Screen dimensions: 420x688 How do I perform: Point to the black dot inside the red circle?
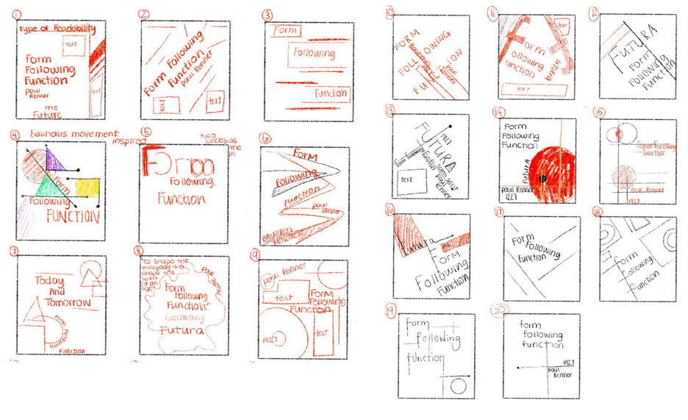tap(540, 179)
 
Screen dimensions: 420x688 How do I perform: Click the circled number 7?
tap(13, 251)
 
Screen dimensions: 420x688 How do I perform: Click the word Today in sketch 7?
tap(46, 282)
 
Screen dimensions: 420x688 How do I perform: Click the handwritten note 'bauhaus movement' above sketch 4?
tap(74, 134)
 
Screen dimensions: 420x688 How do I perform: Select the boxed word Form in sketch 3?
tap(284, 32)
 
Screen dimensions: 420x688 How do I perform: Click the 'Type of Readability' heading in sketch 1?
tap(58, 29)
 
